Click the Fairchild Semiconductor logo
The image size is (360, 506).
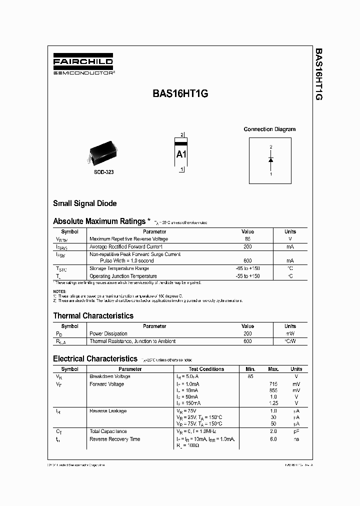(x=83, y=65)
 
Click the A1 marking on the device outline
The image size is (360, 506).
(x=181, y=154)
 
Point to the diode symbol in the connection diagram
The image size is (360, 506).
(x=270, y=160)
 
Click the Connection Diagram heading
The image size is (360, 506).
(x=269, y=129)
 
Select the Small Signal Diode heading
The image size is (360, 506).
(x=85, y=203)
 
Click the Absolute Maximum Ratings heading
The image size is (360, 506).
(x=99, y=221)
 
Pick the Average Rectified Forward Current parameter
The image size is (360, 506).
(x=125, y=246)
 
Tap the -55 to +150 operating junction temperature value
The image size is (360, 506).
(x=247, y=276)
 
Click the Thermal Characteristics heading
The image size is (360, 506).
(x=93, y=315)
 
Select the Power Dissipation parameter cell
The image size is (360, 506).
(x=108, y=333)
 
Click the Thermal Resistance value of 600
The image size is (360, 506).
(x=247, y=341)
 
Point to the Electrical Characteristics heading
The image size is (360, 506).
(x=95, y=358)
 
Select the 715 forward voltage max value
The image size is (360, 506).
(x=273, y=384)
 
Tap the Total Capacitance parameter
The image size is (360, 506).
(x=108, y=431)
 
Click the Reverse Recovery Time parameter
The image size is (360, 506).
(x=114, y=439)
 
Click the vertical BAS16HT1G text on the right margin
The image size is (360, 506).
(x=318, y=75)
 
